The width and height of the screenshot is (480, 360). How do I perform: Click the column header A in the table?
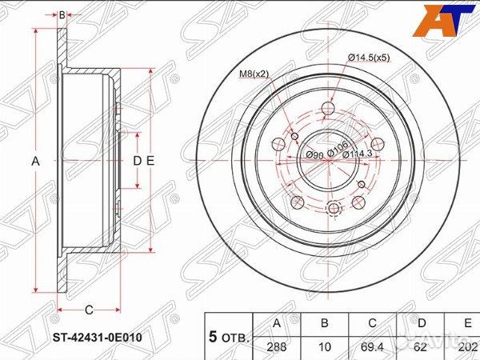tap(276, 324)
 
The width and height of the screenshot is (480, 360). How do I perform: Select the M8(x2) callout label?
tap(255, 74)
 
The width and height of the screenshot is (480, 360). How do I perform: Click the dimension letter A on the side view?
tap(35, 161)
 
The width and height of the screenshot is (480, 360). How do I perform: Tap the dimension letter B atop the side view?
tap(62, 14)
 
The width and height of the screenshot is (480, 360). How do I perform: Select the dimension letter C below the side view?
tap(89, 310)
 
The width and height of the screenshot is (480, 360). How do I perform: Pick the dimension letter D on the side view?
tap(137, 161)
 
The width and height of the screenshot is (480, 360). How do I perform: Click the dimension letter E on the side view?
tap(150, 161)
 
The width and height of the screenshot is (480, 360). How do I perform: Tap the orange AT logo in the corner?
tap(442, 19)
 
